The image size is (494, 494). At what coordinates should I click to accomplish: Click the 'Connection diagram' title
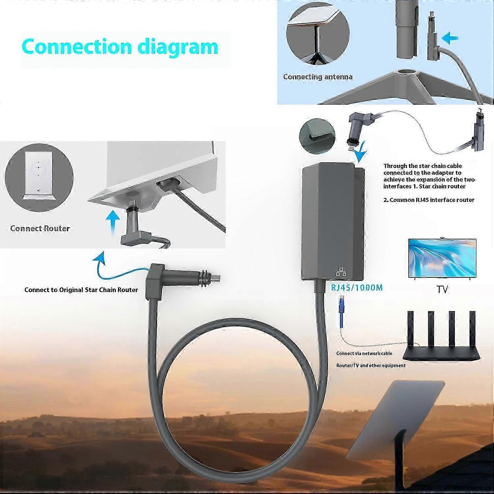pos(120,47)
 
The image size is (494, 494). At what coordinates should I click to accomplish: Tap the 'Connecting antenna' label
pos(317,77)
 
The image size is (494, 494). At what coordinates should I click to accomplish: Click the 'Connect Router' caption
pos(40,229)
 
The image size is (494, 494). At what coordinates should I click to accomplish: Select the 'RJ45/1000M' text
pos(357,288)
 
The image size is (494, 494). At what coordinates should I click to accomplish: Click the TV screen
pos(442,258)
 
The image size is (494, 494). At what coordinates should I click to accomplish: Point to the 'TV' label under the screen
pos(442,289)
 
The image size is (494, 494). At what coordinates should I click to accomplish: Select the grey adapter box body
pos(333,224)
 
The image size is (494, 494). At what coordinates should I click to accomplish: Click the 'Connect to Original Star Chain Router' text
pos(81,290)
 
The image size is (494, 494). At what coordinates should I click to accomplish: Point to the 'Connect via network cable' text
pos(364,353)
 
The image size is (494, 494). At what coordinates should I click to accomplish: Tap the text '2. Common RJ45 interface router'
pos(429,200)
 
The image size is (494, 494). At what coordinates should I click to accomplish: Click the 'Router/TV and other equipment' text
pos(371,366)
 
